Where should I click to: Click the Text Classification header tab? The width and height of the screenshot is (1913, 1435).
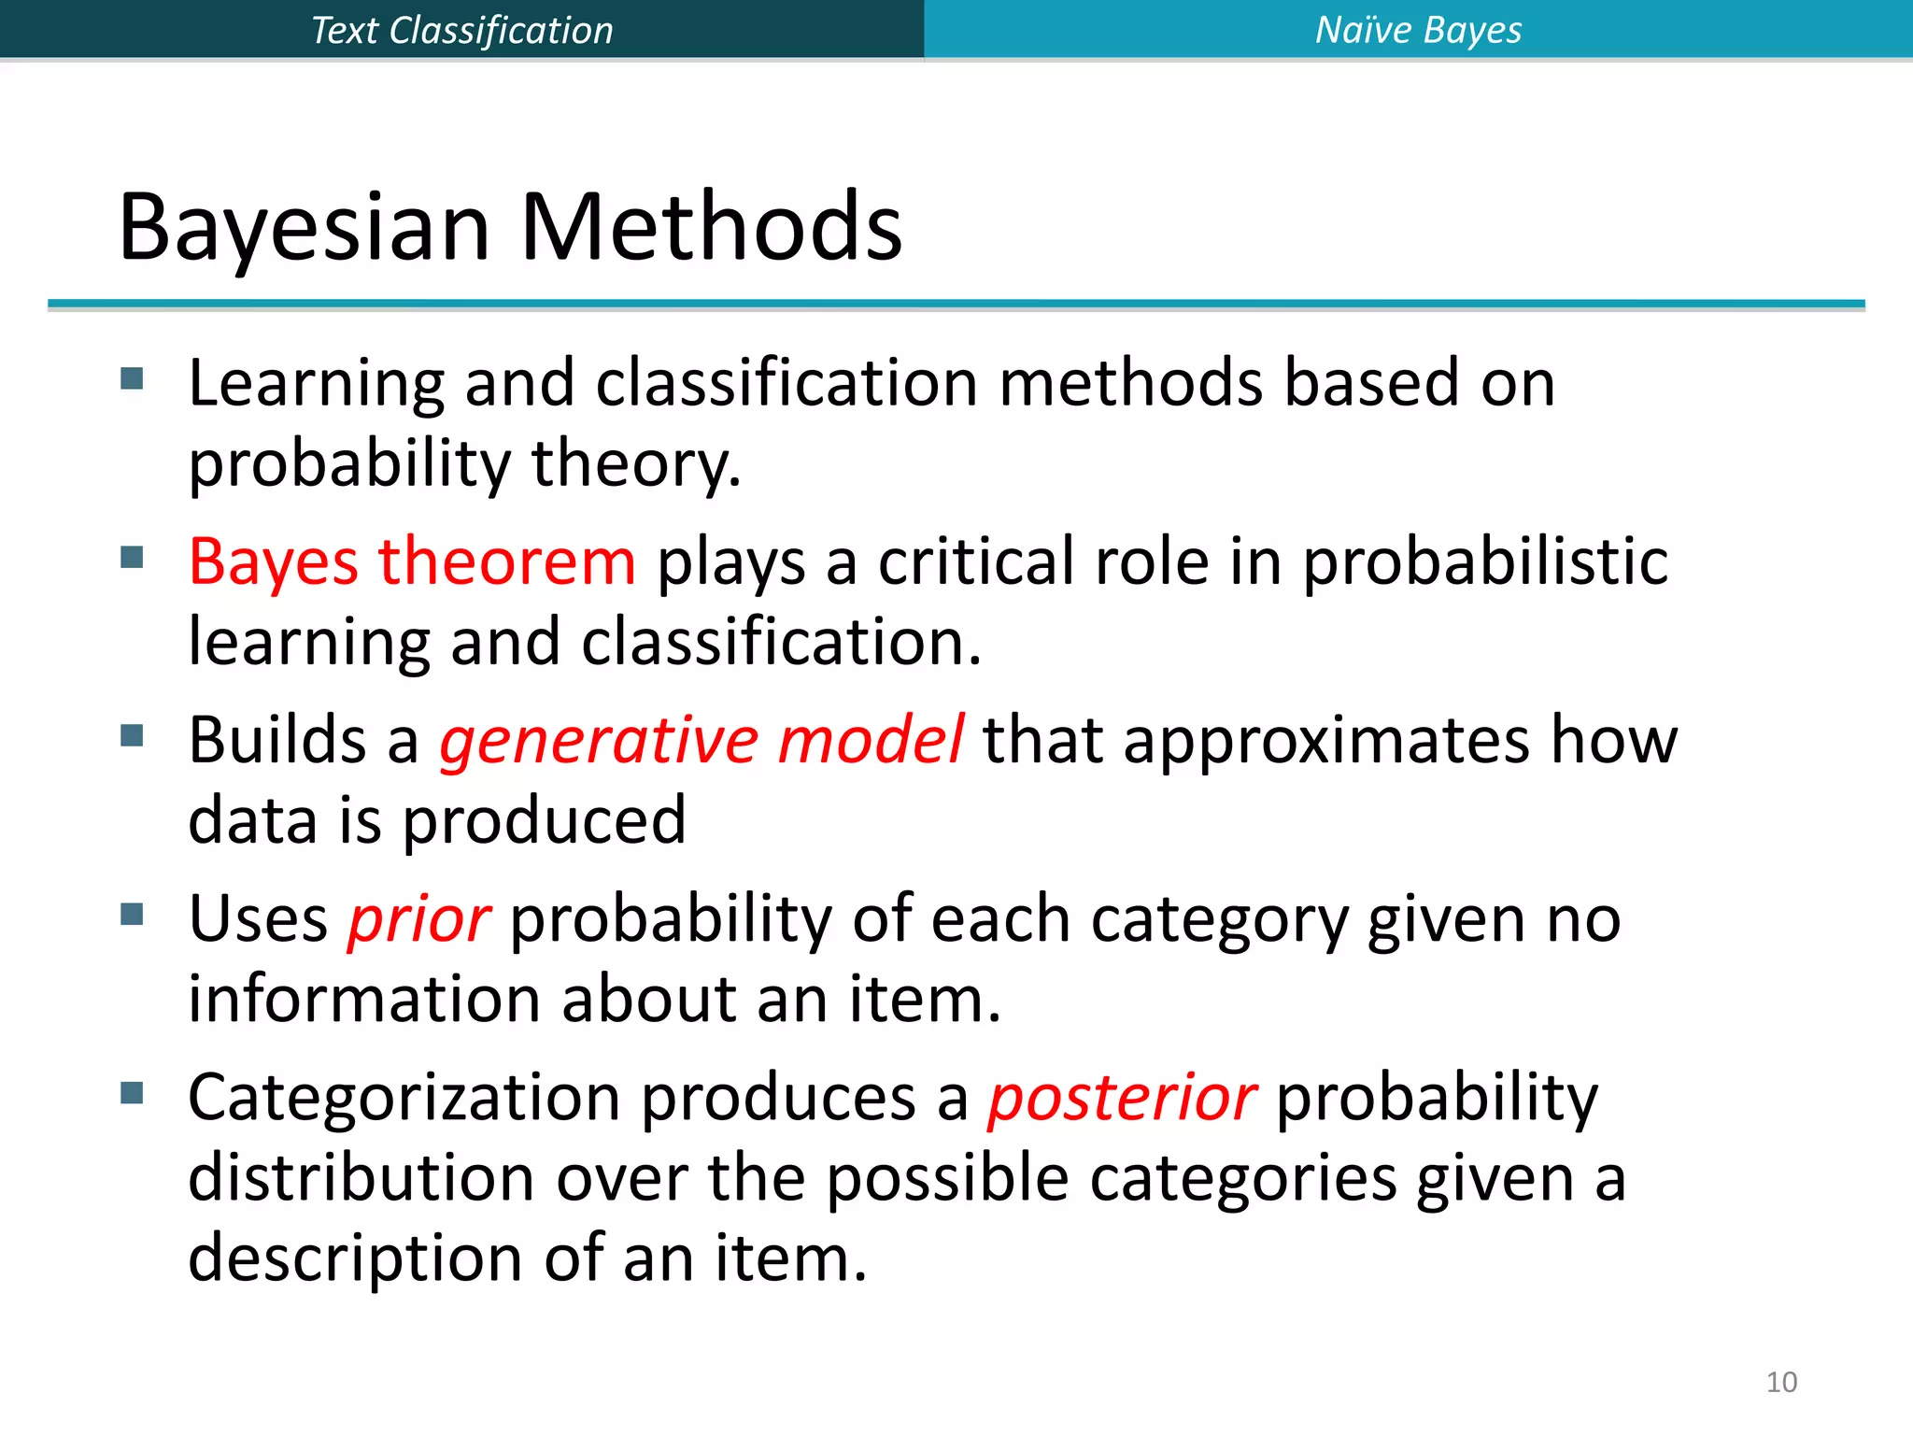pos(461,30)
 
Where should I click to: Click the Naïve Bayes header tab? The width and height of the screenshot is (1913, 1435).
pos(1418,30)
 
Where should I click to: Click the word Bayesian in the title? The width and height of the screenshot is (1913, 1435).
pos(305,227)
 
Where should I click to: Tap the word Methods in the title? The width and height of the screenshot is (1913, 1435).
pos(711,227)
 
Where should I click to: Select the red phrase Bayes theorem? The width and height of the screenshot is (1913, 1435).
pos(412,561)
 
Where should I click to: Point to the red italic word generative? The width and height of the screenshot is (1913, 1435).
pos(598,741)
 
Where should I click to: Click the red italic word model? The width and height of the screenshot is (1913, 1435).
pos(871,741)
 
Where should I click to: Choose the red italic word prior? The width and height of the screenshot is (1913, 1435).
pos(418,919)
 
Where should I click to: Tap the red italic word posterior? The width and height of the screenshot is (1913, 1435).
pos(1122,1098)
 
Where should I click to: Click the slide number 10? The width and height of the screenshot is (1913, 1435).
pos(1781,1382)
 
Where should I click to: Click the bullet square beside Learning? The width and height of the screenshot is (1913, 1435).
pos(132,378)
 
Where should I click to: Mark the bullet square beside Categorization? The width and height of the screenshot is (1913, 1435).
pos(132,1092)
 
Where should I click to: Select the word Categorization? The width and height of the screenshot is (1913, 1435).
pos(404,1098)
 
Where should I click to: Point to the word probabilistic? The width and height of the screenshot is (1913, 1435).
pos(1485,563)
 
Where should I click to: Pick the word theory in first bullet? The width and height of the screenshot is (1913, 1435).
pos(635,464)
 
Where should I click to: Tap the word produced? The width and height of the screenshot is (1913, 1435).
pos(544,821)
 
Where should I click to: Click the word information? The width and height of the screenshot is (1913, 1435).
pos(364,999)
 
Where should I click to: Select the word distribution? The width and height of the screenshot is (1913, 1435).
pos(361,1177)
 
